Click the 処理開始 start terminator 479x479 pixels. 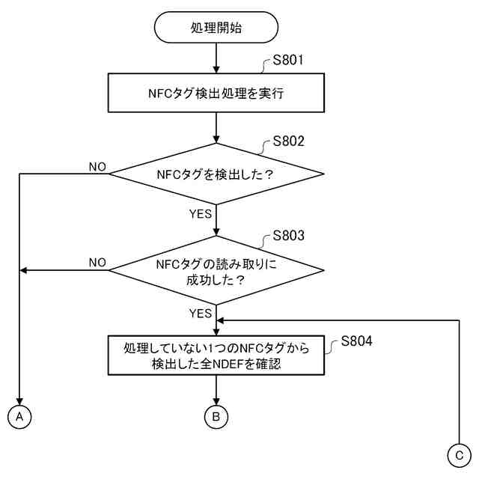[216, 28]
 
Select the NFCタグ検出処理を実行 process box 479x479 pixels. [216, 94]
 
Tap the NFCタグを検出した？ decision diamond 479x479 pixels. [216, 174]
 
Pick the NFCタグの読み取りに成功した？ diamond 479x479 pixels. [216, 270]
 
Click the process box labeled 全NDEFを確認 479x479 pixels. [216, 356]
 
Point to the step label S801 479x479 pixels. [288, 61]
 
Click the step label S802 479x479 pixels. [288, 141]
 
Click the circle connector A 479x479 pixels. [19, 416]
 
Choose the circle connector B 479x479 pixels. [216, 416]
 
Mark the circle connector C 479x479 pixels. [458, 454]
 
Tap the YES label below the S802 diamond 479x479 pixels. [200, 214]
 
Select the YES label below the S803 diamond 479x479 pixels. [200, 314]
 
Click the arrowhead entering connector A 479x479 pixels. [19, 402]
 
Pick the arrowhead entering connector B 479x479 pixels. [216, 402]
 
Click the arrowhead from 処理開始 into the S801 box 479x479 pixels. [216, 69]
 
